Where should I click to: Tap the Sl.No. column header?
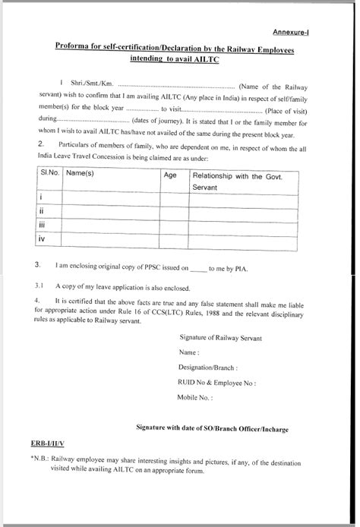click(x=49, y=174)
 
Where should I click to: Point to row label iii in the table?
click(x=43, y=225)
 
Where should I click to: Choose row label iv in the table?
click(x=43, y=239)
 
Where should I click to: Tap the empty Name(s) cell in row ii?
click(x=110, y=211)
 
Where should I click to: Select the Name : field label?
click(x=189, y=352)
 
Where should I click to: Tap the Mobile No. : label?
click(x=195, y=397)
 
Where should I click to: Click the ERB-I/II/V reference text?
click(x=48, y=443)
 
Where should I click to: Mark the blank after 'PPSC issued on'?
click(x=197, y=268)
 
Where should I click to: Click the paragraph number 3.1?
click(x=39, y=288)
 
